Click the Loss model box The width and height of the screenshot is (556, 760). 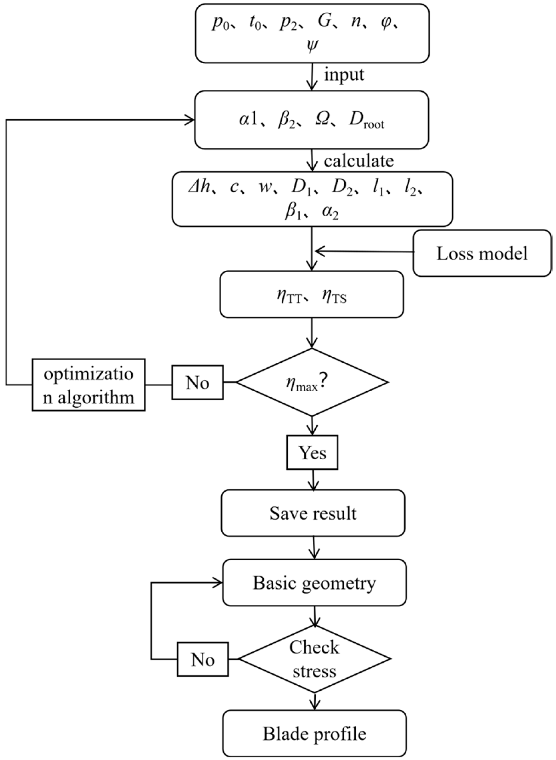coord(482,253)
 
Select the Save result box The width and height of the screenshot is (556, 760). coord(313,513)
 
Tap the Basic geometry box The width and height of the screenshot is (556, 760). coord(314,583)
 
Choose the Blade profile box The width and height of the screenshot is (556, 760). coord(314,733)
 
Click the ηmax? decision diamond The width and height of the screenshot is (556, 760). coord(312,382)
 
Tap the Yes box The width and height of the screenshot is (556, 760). coord(313,452)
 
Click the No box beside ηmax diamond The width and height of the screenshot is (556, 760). coord(197,382)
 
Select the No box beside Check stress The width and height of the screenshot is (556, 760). coord(203,659)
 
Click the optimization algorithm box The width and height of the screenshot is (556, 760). coord(88,385)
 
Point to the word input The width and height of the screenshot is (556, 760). coord(344,75)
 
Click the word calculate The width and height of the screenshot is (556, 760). coord(359,161)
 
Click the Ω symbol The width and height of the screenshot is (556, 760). coord(322,120)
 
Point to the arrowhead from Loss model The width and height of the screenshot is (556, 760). coord(319,251)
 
